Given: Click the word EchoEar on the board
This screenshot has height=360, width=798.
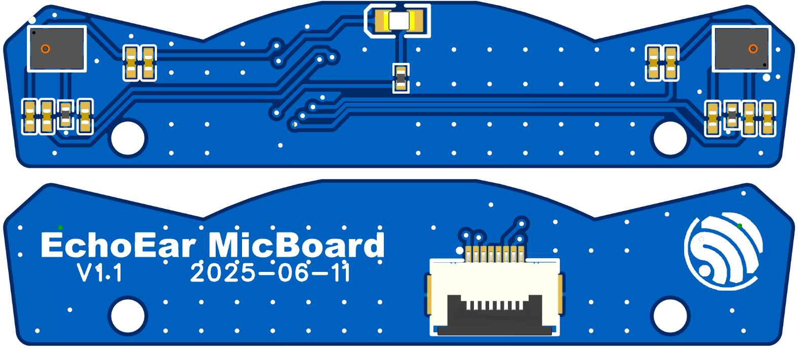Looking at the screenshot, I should (x=118, y=246).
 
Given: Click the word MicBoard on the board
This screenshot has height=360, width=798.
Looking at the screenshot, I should (x=296, y=246).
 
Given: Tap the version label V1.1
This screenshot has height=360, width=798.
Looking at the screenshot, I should (x=100, y=273).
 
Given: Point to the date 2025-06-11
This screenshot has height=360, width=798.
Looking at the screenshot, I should (x=270, y=273).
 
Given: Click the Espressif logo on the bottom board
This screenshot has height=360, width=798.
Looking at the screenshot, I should (x=723, y=252).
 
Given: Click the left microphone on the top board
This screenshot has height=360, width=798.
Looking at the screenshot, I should (x=57, y=49).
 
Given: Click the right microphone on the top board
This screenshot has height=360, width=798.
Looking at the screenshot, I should (x=741, y=49).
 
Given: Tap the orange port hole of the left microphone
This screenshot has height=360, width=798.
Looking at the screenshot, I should (x=45, y=49).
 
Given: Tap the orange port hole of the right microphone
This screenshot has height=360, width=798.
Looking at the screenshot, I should (x=753, y=49).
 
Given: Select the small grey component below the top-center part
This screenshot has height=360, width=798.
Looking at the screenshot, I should (x=401, y=78).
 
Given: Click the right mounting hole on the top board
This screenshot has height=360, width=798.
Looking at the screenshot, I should (x=670, y=138).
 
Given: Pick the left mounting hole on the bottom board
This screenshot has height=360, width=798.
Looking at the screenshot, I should (x=128, y=316).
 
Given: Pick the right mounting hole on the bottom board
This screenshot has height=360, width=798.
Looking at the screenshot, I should (x=670, y=316).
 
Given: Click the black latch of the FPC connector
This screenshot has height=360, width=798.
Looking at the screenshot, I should (x=494, y=329).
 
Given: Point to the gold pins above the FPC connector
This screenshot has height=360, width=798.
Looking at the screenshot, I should (x=494, y=253).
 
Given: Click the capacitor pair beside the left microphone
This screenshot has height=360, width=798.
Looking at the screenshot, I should (x=140, y=63).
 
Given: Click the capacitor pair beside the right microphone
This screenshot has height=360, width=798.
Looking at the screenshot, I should (x=662, y=63).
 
